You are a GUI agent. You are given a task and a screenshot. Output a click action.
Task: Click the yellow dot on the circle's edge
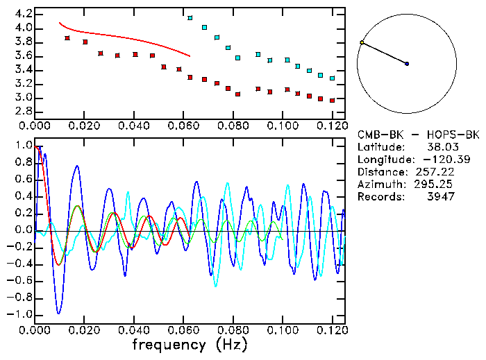(362, 43)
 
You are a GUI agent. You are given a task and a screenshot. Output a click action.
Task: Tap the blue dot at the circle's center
(407, 64)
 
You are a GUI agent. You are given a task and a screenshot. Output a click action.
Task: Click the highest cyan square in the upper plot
(190, 18)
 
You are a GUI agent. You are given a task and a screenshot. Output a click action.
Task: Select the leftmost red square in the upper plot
(67, 38)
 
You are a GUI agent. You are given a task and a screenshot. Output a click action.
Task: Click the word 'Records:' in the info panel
(381, 197)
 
